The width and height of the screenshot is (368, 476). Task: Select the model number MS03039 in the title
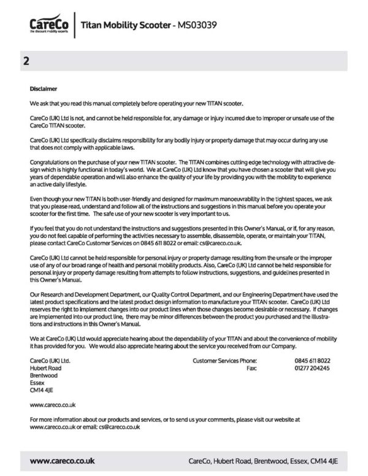pyautogui.click(x=196, y=25)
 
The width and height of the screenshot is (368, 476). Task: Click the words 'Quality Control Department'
pyautogui.click(x=177, y=294)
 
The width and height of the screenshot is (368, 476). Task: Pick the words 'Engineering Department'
pyautogui.click(x=277, y=294)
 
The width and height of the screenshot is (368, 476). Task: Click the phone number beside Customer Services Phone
pyautogui.click(x=312, y=361)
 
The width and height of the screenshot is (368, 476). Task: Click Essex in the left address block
pyautogui.click(x=37, y=382)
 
